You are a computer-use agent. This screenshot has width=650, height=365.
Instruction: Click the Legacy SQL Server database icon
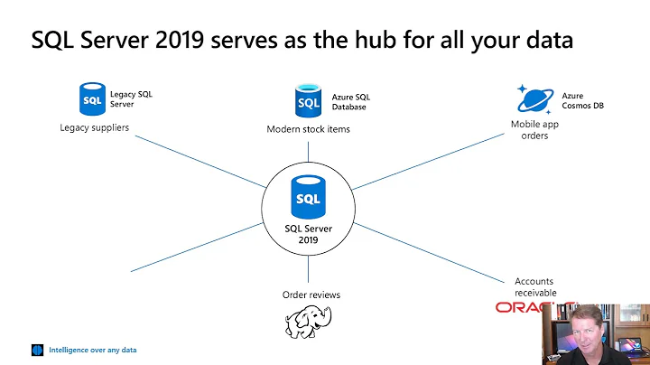click(92, 98)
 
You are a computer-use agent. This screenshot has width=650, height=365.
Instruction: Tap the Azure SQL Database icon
click(307, 99)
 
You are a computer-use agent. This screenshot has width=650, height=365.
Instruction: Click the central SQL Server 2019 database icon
click(308, 197)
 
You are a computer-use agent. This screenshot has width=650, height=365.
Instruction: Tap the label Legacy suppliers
click(95, 127)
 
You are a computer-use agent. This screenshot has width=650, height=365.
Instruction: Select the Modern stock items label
click(308, 129)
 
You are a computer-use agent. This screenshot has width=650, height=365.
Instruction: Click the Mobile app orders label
click(534, 130)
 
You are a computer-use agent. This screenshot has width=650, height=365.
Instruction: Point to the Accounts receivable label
click(535, 286)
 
